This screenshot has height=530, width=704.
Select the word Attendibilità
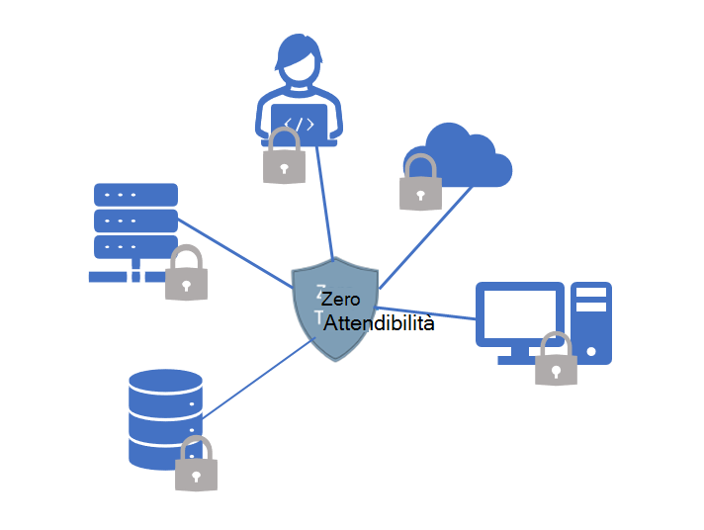pos(379,323)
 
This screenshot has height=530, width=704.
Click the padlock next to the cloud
pos(419,184)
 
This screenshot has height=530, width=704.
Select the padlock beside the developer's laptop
pos(284,158)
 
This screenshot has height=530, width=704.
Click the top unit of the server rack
pos(135,194)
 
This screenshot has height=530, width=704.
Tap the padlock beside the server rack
pos(185,275)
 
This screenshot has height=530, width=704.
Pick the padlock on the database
pos(196,466)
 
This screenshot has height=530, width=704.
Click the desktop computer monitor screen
pos(519,314)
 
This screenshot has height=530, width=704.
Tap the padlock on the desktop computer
pos(556,361)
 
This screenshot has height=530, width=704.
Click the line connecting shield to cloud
pos(425,236)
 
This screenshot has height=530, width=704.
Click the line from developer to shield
pos(324,203)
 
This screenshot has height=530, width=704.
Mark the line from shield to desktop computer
pos(425,312)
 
